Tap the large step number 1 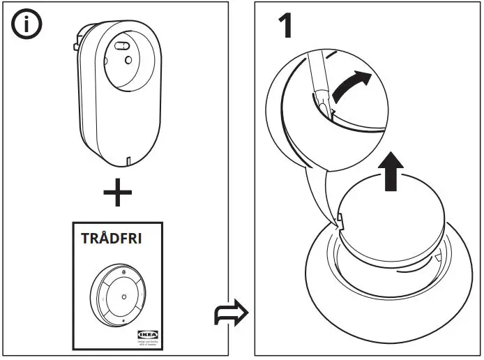pos(285,26)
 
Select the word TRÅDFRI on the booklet pos(112,238)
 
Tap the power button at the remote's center pos(123,297)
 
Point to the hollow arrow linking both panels pos(230,314)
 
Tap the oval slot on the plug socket pos(122,47)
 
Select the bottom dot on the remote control pos(123,320)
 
